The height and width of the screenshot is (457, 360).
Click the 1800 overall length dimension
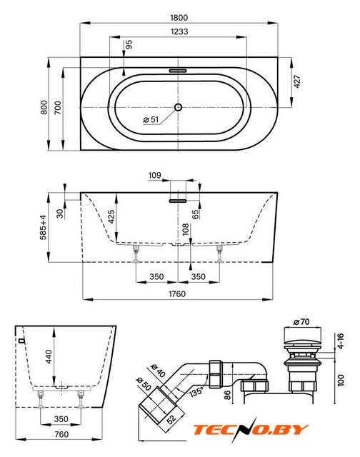179,17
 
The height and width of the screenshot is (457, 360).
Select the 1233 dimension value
179,31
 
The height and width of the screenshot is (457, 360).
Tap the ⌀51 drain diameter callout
151,119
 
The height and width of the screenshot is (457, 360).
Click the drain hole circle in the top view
178,107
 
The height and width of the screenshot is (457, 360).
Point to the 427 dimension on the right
296,81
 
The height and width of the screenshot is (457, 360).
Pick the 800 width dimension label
44,107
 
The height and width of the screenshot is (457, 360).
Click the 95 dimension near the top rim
129,44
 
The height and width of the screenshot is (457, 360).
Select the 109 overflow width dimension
154,175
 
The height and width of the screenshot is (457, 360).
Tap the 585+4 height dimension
43,227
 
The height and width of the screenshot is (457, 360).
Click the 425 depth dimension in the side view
111,216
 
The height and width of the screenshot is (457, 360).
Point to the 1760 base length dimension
177,293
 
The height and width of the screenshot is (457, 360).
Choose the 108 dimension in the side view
186,229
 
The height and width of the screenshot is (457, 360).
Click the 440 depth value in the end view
49,356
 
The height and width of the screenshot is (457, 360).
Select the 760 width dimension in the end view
61,434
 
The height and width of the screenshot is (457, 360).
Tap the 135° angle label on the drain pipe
196,391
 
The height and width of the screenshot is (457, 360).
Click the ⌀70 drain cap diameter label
301,322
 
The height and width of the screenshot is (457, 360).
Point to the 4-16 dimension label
340,341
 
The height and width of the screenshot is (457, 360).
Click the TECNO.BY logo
251,430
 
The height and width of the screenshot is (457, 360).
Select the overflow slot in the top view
178,71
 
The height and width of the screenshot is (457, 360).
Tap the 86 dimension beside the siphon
227,395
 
